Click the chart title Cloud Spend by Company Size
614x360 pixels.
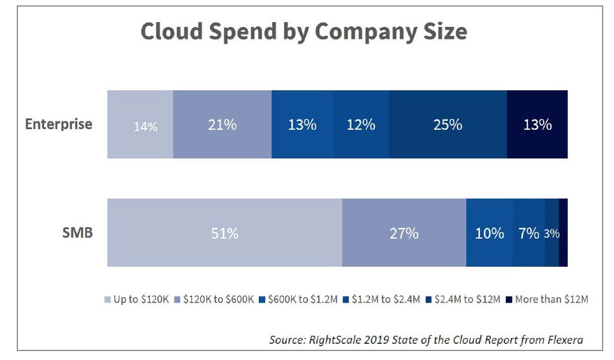click(304, 32)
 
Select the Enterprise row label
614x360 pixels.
click(59, 124)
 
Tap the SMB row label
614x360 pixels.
click(77, 233)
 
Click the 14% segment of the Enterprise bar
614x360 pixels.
click(140, 125)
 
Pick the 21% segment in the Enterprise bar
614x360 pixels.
click(222, 125)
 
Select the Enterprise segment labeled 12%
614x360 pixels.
click(361, 125)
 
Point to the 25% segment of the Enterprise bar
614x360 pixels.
click(448, 125)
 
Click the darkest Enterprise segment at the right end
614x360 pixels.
click(537, 125)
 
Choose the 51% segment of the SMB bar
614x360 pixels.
click(224, 233)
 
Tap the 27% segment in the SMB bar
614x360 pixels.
click(404, 233)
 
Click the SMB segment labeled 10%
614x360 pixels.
click(489, 233)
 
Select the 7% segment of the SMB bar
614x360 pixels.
click(529, 233)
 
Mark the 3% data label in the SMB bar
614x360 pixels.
click(552, 234)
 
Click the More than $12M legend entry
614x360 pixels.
click(547, 299)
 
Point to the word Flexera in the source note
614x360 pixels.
click(563, 340)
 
